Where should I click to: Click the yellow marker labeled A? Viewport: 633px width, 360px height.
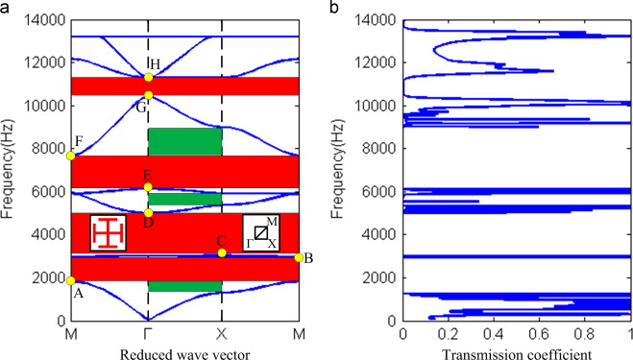pos(71,280)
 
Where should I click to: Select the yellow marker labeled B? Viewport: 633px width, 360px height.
pos(299,257)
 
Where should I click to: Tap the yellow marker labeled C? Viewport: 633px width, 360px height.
pos(222,252)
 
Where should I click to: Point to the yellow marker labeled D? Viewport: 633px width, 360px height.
pos(148,213)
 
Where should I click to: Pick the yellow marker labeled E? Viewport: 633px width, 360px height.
pos(148,186)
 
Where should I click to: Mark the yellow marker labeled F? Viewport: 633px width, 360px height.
pos(71,156)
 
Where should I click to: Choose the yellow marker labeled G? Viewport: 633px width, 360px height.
pos(148,95)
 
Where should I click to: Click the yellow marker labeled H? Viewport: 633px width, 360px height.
pos(148,78)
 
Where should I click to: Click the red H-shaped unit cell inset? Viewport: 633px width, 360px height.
pos(108,233)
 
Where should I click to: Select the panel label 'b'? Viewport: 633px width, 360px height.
pos(332,8)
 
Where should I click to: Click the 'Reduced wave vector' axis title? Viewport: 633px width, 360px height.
pos(184,354)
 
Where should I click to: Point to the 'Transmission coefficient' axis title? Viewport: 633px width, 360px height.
pos(517,354)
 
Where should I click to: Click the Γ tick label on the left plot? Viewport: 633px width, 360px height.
pos(148,334)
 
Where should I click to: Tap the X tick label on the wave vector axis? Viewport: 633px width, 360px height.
pos(223,334)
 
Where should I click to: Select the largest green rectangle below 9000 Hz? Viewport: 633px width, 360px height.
pos(184,141)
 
